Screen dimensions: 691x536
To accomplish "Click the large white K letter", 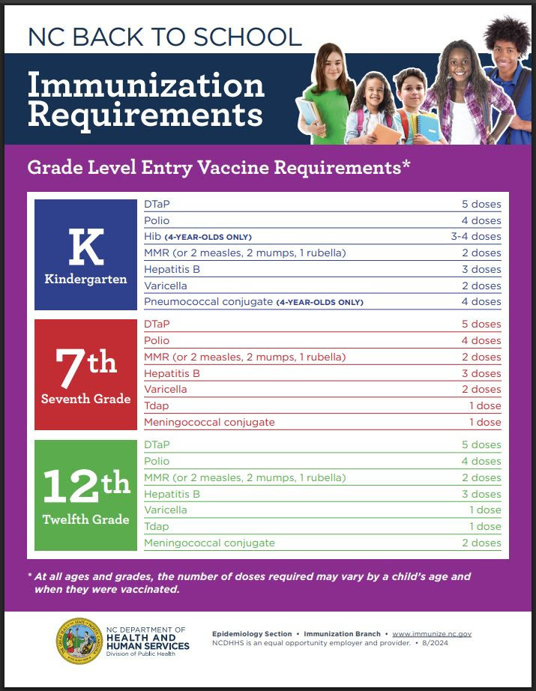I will (x=86, y=247).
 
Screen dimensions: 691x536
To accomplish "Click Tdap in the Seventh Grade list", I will (x=157, y=405).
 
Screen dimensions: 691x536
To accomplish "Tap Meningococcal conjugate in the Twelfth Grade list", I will (x=209, y=543).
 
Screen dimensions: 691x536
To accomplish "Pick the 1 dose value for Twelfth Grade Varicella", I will (x=484, y=510).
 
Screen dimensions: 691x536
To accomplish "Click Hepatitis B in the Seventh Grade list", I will (x=172, y=373).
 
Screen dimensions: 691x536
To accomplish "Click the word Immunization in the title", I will (x=146, y=85).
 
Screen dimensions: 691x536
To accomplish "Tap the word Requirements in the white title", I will (x=145, y=115).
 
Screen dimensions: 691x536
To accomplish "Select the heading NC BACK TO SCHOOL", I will (x=164, y=36).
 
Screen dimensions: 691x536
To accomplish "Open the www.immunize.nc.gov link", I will (x=432, y=634).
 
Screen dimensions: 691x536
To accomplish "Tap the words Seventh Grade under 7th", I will (x=85, y=399).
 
